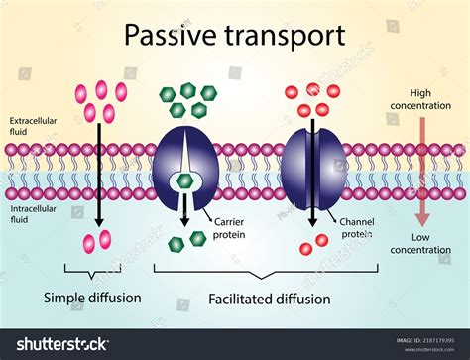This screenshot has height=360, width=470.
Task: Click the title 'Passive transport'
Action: pos(234,36)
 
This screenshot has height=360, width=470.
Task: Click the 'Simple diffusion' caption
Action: pos(92,298)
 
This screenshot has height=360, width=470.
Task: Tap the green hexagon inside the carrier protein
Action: pos(184,180)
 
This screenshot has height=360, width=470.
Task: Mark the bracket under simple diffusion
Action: pos(92,268)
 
